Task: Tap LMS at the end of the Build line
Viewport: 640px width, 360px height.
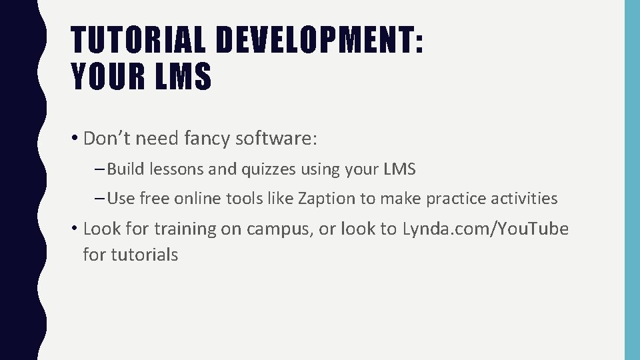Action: click(399, 169)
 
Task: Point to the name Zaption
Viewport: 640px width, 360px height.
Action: click(326, 198)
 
